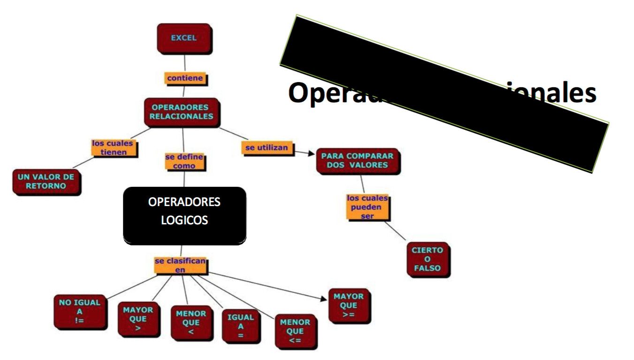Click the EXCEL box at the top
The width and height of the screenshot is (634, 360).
pyautogui.click(x=184, y=38)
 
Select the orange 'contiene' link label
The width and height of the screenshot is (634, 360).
pyautogui.click(x=186, y=78)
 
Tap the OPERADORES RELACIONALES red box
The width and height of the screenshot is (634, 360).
pyautogui.click(x=182, y=112)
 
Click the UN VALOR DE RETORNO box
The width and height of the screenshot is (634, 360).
pyautogui.click(x=46, y=182)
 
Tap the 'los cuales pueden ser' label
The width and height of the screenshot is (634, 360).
pyautogui.click(x=367, y=207)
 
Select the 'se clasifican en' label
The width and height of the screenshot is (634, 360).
pyautogui.click(x=181, y=265)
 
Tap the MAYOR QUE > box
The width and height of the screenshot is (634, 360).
pyautogui.click(x=138, y=319)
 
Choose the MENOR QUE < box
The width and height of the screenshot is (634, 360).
pyautogui.click(x=191, y=322)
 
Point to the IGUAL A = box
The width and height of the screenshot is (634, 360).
pyautogui.click(x=240, y=326)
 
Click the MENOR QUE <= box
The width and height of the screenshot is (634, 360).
pyautogui.click(x=295, y=331)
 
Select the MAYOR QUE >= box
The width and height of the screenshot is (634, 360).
pyautogui.click(x=348, y=305)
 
